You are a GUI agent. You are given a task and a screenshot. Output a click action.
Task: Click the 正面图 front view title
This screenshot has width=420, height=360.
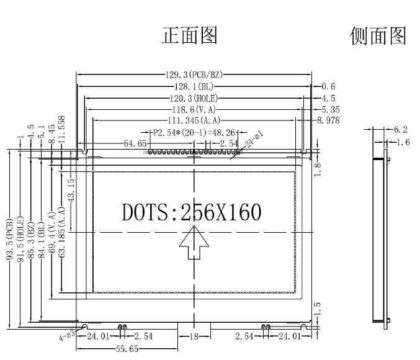point(189,36)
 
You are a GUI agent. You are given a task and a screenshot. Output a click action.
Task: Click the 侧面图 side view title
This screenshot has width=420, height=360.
point(378,36)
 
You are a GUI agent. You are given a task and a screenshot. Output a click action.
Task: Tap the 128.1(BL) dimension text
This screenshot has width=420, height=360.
point(194,86)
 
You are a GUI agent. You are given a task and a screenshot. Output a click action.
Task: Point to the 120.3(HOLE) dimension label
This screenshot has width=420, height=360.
point(193,98)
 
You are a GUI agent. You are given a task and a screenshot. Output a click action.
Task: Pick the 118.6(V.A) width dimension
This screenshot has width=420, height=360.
point(193,109)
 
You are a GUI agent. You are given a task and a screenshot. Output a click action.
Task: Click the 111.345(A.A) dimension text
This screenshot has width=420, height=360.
point(194,120)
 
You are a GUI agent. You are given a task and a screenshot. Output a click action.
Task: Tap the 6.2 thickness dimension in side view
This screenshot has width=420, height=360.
point(401,130)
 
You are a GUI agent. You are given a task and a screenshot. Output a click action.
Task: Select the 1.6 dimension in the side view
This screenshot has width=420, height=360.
point(401,142)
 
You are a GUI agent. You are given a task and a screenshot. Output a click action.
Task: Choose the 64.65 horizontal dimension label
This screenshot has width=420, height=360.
point(135,143)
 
